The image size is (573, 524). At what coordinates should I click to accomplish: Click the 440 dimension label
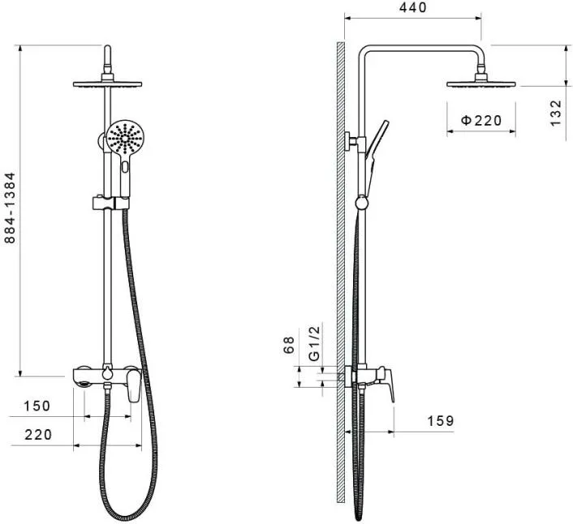tap(412, 7)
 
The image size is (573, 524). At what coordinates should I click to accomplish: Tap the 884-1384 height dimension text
tap(10, 208)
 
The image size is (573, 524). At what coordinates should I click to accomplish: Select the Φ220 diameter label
tap(481, 120)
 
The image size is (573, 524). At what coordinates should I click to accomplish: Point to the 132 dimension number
tap(555, 114)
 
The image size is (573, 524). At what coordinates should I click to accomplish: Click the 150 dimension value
tap(37, 406)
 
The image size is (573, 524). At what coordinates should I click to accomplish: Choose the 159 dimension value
tap(441, 421)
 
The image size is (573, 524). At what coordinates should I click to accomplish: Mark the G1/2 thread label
tap(314, 343)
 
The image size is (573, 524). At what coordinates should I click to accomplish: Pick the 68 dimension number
tap(288, 345)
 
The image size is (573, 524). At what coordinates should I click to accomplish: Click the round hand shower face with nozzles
tap(126, 138)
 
